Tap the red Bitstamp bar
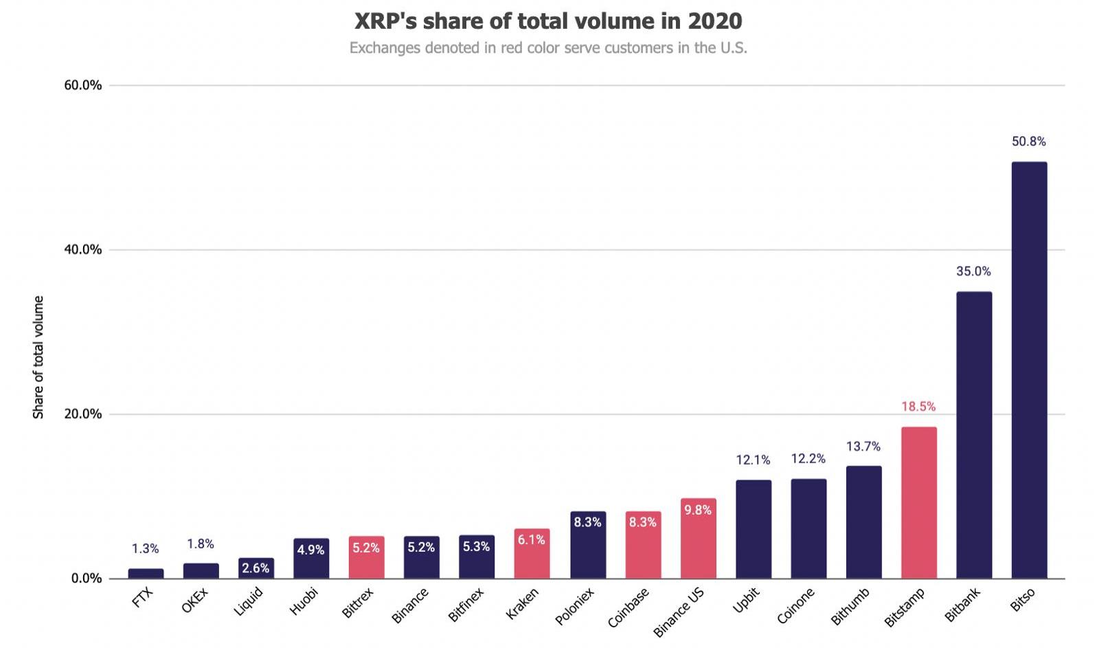coord(918,502)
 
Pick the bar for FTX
coord(146,573)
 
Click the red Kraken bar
coord(532,554)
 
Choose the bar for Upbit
coord(754,529)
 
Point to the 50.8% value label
coord(1029,142)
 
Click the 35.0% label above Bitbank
coord(974,271)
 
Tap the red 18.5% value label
coord(918,407)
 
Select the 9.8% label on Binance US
coord(698,510)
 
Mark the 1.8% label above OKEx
coord(201,544)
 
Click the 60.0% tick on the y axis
coord(83,85)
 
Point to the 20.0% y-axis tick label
coord(83,414)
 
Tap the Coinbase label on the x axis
coord(628,608)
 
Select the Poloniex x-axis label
coord(574,607)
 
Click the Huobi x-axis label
coord(304,602)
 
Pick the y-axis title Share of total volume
coord(38,357)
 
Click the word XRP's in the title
coord(385,21)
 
